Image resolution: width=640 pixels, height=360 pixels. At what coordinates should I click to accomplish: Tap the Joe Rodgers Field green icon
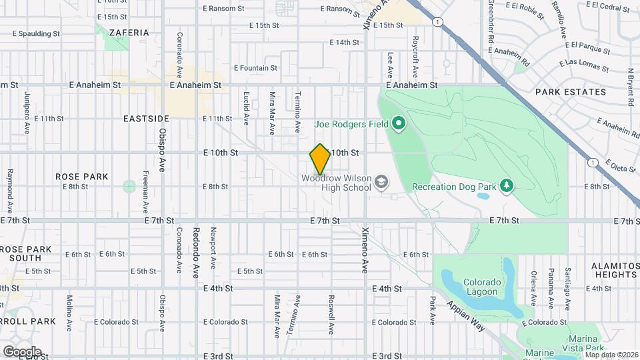pos(399,123)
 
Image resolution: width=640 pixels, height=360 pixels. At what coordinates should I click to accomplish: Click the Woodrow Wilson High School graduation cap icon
pos(381,182)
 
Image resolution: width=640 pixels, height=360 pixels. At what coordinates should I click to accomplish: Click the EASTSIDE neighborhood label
pos(147,118)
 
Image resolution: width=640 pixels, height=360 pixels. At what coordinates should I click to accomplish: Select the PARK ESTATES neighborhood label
pos(570,92)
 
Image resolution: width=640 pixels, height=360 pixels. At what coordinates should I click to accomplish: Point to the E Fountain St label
pos(255,68)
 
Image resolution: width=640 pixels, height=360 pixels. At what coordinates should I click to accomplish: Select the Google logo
pos(21,351)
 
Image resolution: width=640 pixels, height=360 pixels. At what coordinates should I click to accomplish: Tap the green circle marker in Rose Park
pos(129,186)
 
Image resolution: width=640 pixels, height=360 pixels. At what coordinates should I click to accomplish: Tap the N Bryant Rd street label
pos(630,87)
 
